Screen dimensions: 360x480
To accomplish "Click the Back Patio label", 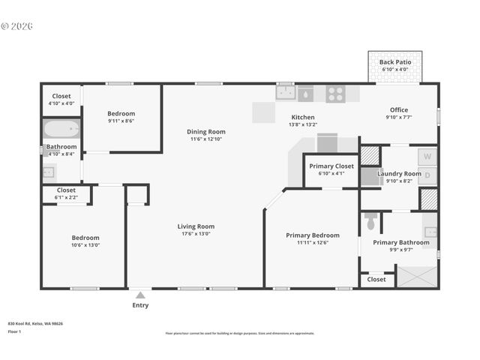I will [x=394, y=62].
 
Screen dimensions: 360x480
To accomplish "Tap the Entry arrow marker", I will [x=140, y=295].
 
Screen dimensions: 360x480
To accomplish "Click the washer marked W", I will [x=427, y=157].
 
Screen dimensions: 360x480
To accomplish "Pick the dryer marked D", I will [x=427, y=176].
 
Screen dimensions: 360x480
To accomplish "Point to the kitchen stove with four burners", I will [x=335, y=94].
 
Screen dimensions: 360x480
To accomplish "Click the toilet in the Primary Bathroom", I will [x=370, y=222].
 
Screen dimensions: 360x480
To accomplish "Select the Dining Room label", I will [x=206, y=132].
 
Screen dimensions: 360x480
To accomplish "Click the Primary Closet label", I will [x=331, y=166].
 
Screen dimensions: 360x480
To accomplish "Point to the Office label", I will [x=398, y=110].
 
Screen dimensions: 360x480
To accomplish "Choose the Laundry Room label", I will [x=399, y=173].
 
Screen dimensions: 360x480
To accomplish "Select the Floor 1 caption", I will [x=14, y=331].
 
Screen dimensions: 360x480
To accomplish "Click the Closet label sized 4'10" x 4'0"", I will [x=61, y=96].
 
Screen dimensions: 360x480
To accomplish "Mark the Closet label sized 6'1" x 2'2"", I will [x=66, y=190].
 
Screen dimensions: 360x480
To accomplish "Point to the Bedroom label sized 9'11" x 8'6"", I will [x=121, y=113].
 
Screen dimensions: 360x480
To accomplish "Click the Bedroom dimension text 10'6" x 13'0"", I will [x=85, y=245].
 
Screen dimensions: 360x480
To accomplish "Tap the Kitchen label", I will [x=303, y=117].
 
